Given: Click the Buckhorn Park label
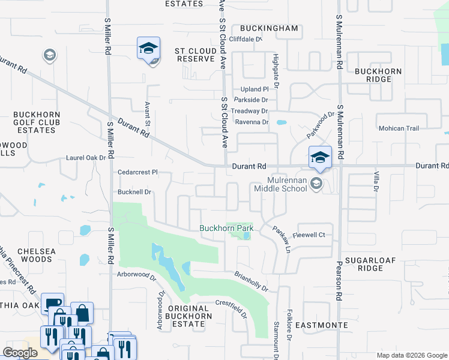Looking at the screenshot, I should point(226,228).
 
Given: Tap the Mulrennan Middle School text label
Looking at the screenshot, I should point(280,184).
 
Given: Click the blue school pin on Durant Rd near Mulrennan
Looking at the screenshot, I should point(320,158).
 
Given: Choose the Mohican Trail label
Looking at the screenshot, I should point(398,128).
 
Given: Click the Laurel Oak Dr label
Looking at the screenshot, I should point(85,158).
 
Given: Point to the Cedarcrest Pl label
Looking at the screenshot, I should point(137,172).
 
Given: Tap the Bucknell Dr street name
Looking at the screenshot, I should point(135,192).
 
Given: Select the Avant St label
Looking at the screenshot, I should point(146,114).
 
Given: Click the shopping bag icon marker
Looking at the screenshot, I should point(82,313).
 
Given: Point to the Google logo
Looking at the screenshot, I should point(20,352).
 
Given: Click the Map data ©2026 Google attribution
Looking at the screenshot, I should point(411,355).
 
